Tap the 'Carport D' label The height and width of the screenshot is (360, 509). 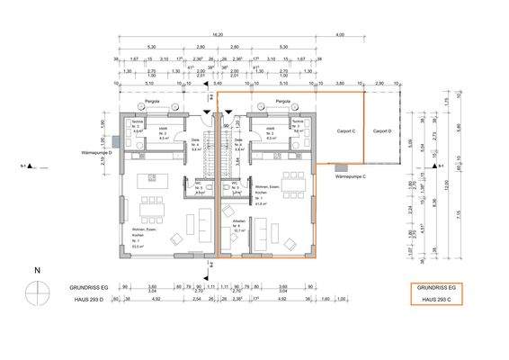coord(382,130)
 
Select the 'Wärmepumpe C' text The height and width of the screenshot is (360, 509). coord(353,177)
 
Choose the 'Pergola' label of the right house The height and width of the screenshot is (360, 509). coord(282,102)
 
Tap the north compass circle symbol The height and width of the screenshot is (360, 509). coord(38,294)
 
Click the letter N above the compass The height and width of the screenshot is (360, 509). coord(37,270)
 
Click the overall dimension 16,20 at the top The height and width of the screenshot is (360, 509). coord(217,36)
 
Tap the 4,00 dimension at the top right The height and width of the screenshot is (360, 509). coord(339,36)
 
